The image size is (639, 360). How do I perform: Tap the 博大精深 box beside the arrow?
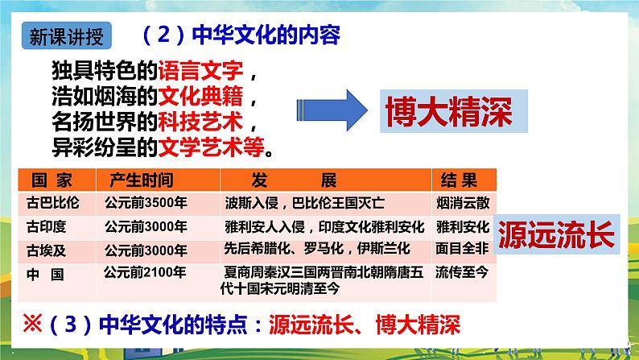(448, 112)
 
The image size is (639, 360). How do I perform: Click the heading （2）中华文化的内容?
(240, 36)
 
